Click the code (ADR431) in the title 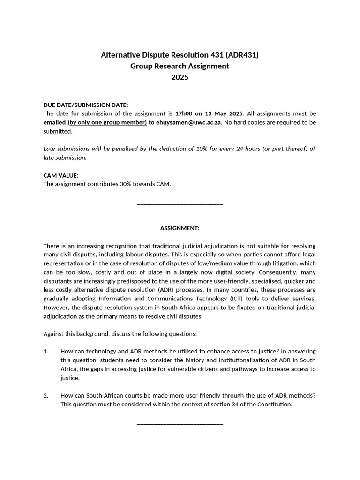pyautogui.click(x=242, y=55)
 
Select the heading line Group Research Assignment pyautogui.click(x=180, y=66)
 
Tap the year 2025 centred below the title pyautogui.click(x=180, y=77)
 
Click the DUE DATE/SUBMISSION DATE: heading pyautogui.click(x=85, y=105)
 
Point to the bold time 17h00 pyautogui.click(x=184, y=113)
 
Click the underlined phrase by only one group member pyautogui.click(x=108, y=122)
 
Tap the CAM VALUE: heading pyautogui.click(x=61, y=175)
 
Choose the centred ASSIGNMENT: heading pyautogui.click(x=180, y=228)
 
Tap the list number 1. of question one pyautogui.click(x=46, y=351)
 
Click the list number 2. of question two pyautogui.click(x=46, y=395)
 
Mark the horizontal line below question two pyautogui.click(x=180, y=424)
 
